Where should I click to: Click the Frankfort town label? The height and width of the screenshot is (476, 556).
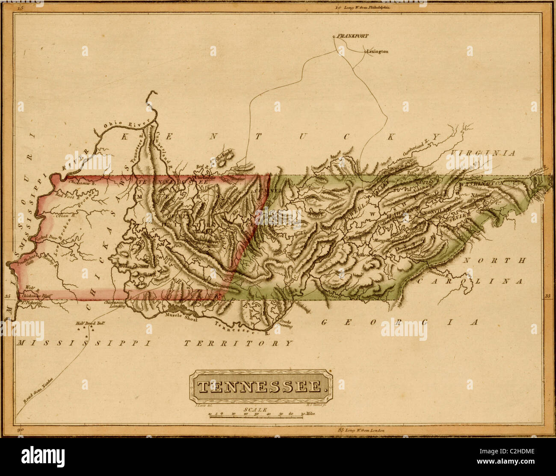[352, 36]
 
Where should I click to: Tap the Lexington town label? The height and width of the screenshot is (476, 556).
[378, 52]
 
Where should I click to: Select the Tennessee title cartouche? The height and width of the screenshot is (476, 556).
[260, 387]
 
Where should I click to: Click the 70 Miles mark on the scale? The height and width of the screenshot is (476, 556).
[307, 414]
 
